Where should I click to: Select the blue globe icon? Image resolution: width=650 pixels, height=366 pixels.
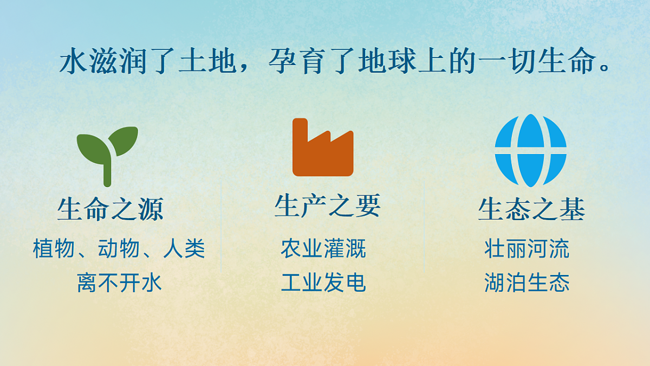pos(530,150)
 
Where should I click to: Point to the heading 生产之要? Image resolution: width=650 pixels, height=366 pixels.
pos(327,206)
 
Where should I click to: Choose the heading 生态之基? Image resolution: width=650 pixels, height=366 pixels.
pos(531,209)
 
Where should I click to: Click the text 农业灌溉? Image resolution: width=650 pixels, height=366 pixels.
pos(323,249)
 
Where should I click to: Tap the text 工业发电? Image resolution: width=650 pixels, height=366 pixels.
pos(323,282)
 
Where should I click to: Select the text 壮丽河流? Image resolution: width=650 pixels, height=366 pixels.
pos(526,249)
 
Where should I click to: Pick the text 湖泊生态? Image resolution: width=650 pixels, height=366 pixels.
pos(526,283)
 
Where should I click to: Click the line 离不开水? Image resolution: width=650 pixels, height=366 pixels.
pos(119,283)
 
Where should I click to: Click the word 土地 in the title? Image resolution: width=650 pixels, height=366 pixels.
pos(203,63)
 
